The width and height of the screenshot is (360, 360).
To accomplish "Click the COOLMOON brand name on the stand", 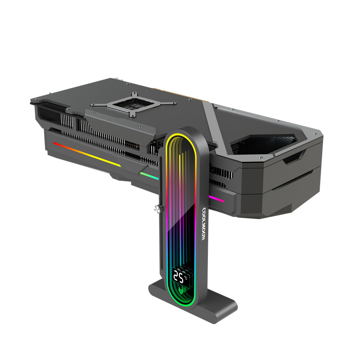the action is point(203,224).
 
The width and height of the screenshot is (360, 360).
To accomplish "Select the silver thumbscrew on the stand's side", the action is point(157,209).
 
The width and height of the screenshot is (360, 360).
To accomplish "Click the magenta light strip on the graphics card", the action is point(216,199).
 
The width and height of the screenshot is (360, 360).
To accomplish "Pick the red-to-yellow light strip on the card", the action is point(87,154).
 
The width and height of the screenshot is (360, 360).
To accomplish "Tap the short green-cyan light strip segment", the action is point(149,176).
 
